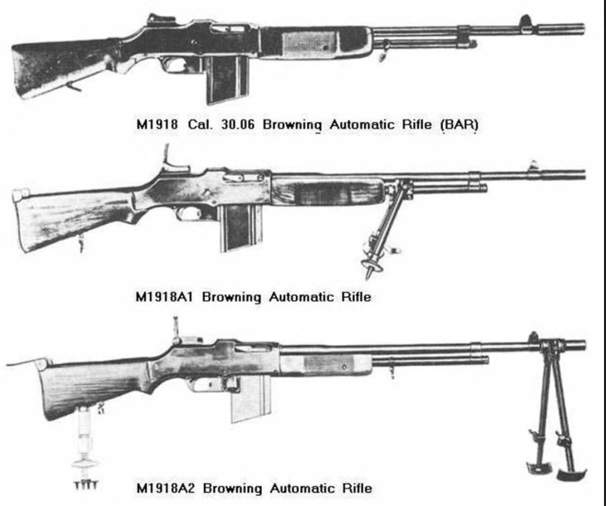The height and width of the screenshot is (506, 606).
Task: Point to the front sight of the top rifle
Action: point(525,22)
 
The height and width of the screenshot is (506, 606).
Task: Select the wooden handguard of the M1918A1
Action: point(327,191)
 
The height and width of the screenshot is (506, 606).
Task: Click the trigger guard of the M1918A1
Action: point(192,214)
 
